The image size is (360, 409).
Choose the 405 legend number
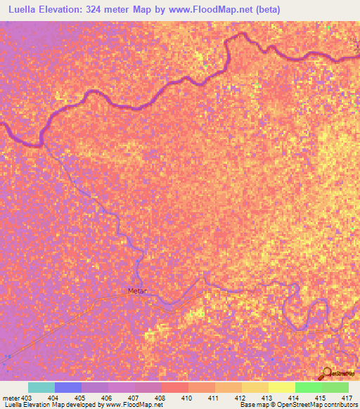(82, 398)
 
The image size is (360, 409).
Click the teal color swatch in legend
(41, 387)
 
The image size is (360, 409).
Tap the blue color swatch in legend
(68, 387)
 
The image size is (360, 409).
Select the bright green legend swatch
(309, 387)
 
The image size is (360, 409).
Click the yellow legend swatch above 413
(282, 387)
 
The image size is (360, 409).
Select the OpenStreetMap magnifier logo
(325, 374)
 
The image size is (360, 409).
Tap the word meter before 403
(11, 398)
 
